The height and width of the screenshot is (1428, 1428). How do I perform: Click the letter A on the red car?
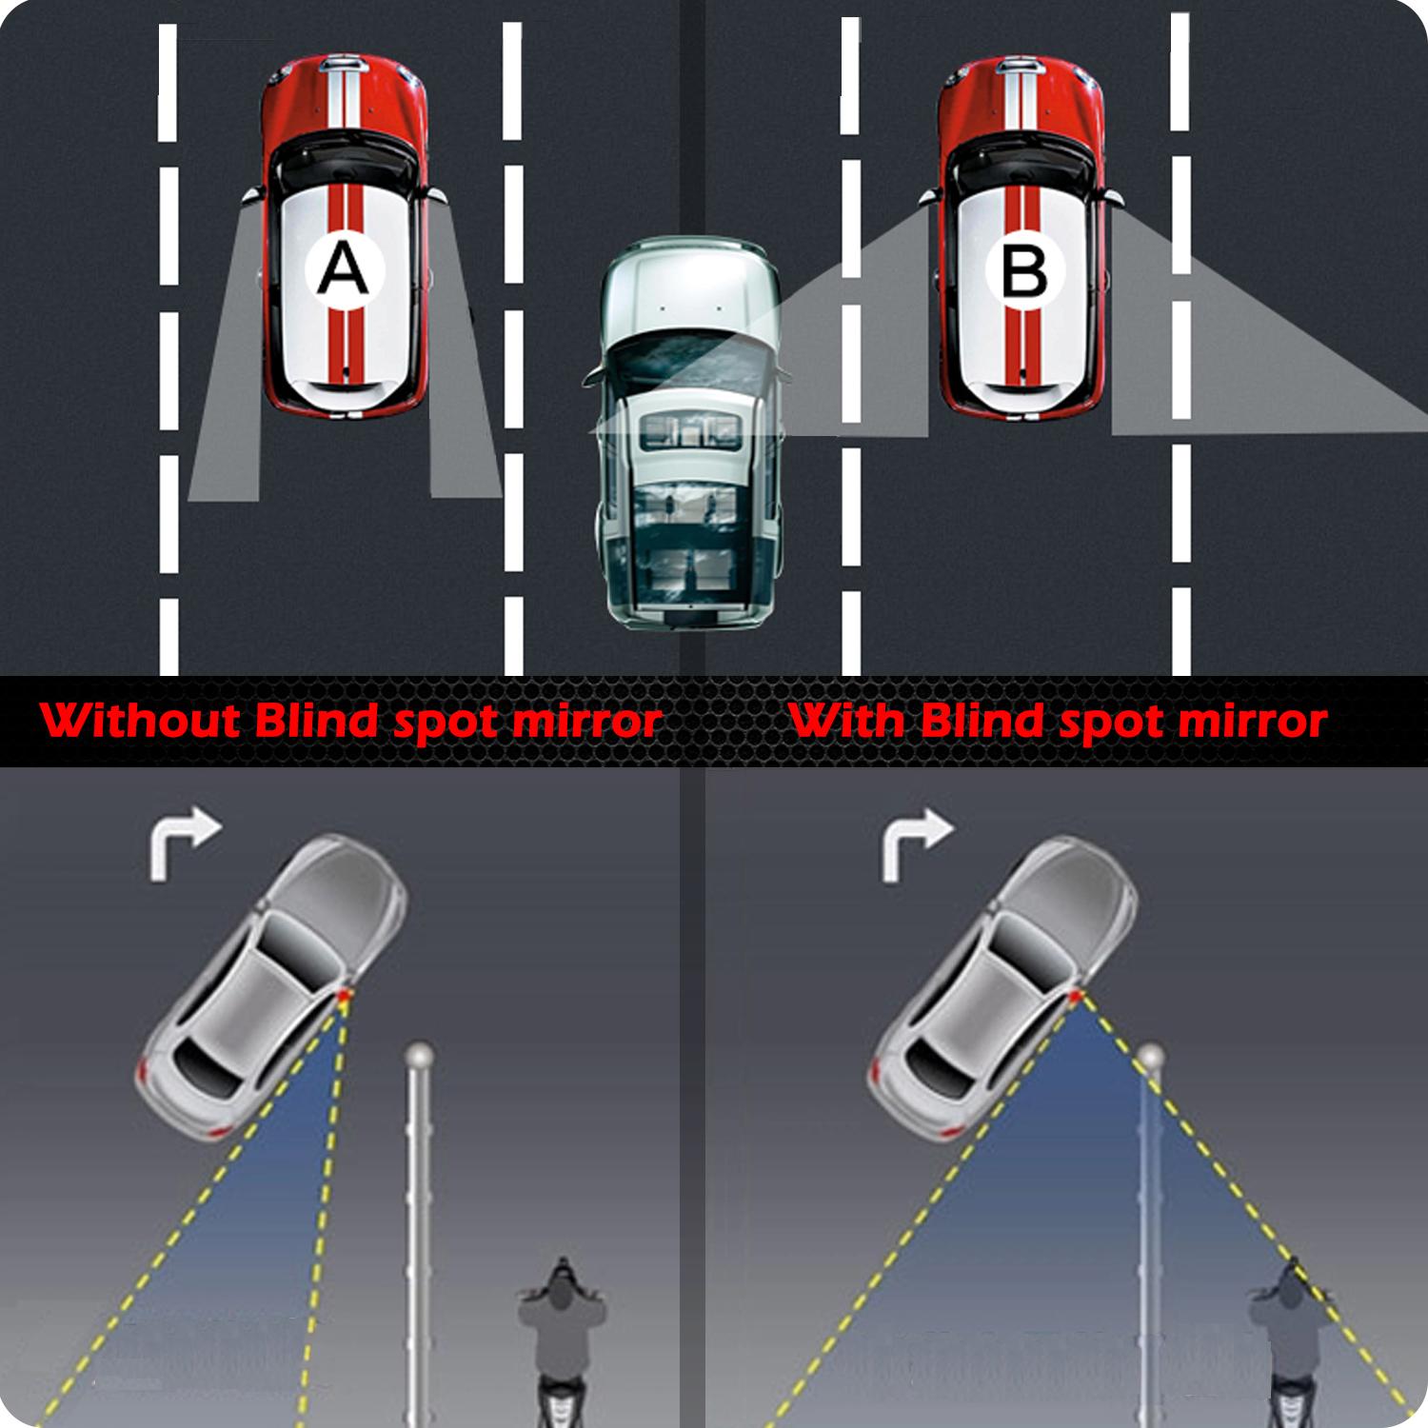342,270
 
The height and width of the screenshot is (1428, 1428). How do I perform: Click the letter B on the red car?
1024,270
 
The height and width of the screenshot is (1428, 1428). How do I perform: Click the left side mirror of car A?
252,195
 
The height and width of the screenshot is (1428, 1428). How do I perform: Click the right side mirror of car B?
1112,195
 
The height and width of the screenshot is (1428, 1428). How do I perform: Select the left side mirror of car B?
928,195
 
